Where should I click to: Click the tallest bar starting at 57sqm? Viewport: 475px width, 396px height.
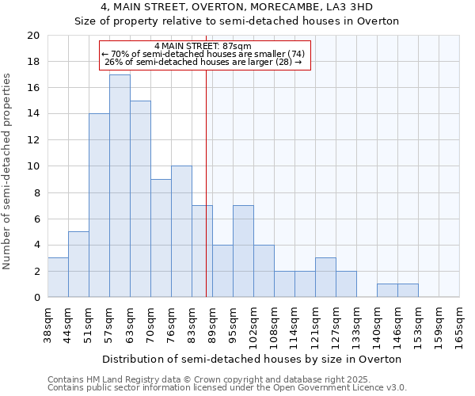tap(120, 186)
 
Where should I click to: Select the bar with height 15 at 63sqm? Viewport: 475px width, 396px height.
tap(140, 199)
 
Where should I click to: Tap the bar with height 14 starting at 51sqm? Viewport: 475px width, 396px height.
tap(99, 205)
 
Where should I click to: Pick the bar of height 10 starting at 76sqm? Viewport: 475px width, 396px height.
tap(181, 231)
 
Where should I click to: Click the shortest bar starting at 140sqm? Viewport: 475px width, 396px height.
tap(387, 291)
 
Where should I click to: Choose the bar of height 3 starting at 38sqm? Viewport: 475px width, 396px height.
tap(58, 277)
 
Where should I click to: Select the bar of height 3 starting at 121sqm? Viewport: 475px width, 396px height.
tap(325, 277)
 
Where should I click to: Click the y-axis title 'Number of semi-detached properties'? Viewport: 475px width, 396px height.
tap(8, 171)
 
